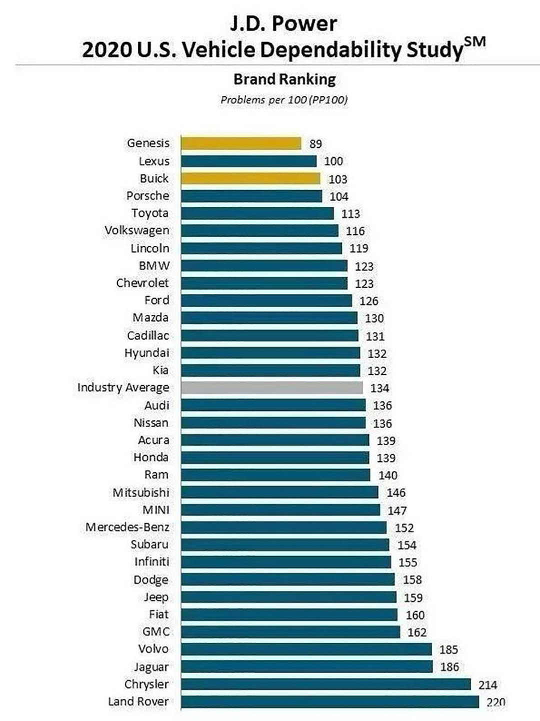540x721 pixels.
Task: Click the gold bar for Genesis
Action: [x=241, y=143]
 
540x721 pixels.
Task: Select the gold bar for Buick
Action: [x=250, y=178]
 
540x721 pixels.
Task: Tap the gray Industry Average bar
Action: [x=272, y=387]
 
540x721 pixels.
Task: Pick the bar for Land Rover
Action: [x=330, y=702]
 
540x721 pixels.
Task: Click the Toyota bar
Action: [x=257, y=213]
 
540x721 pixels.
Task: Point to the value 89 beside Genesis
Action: [x=315, y=144]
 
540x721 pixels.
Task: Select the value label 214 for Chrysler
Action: [x=487, y=684]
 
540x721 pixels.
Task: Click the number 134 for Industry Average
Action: [x=380, y=388]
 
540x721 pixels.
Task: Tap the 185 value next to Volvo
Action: [x=448, y=649]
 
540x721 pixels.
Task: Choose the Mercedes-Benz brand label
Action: [x=127, y=527]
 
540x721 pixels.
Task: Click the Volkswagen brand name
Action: [x=137, y=230]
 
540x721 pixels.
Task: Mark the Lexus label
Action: [x=154, y=161]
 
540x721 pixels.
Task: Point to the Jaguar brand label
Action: [x=151, y=667]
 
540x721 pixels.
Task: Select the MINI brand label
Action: [x=156, y=510]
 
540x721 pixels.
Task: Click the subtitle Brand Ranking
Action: [x=284, y=79]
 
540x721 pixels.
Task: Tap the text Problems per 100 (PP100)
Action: [x=284, y=100]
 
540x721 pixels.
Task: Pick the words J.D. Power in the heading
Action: [x=283, y=23]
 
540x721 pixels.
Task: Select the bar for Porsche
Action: [x=251, y=196]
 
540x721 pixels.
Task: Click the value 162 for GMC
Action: [x=416, y=632]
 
